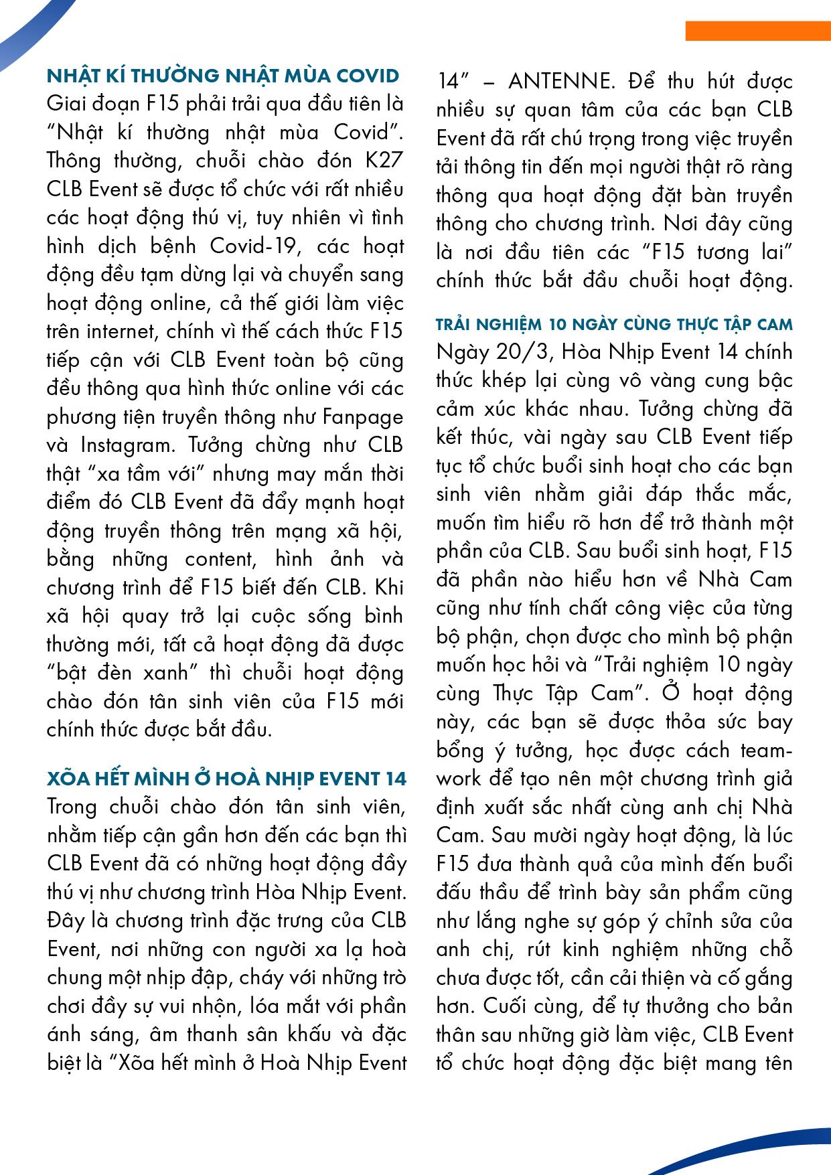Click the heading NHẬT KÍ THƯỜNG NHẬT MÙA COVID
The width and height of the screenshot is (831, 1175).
coord(224,76)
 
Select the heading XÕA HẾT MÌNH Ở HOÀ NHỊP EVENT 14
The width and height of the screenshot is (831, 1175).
coord(226,779)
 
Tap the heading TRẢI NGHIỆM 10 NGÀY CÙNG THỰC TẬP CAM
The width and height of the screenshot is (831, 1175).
coord(614,325)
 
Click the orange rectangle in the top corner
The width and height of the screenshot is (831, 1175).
coord(757,31)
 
